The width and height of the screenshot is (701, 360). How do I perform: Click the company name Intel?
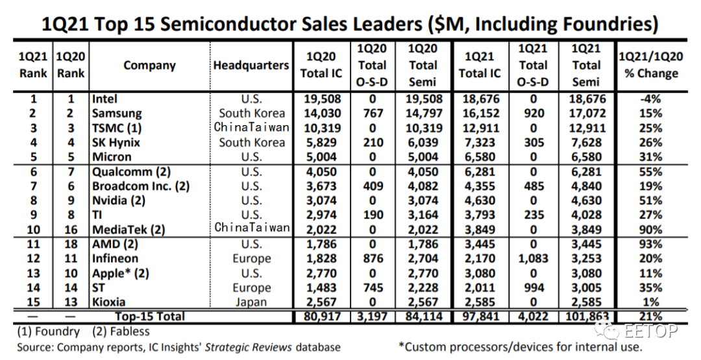point(105,99)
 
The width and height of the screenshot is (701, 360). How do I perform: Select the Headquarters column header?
point(251,66)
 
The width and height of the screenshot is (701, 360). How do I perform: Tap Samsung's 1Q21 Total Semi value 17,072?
point(587,114)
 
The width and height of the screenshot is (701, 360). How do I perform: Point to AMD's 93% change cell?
point(650,245)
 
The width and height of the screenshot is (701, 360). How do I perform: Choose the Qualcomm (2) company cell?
point(131,172)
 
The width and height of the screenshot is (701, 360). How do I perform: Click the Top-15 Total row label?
point(150,317)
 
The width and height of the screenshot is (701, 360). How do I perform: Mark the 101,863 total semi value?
point(587,317)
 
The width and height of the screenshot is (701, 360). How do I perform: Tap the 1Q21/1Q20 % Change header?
point(651,66)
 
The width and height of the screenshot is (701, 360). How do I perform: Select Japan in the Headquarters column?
point(251,302)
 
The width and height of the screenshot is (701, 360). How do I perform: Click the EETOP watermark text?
point(650,331)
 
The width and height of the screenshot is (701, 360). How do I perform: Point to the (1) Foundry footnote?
point(48,332)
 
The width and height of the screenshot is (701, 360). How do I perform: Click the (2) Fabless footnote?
point(121,332)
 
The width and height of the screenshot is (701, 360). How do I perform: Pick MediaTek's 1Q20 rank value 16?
point(71,230)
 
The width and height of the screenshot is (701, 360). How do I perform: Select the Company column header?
point(149,66)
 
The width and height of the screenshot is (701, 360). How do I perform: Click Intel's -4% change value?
point(650,99)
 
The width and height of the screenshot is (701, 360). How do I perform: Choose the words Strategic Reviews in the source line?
point(249,347)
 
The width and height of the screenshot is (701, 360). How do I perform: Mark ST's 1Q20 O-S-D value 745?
point(372,287)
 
